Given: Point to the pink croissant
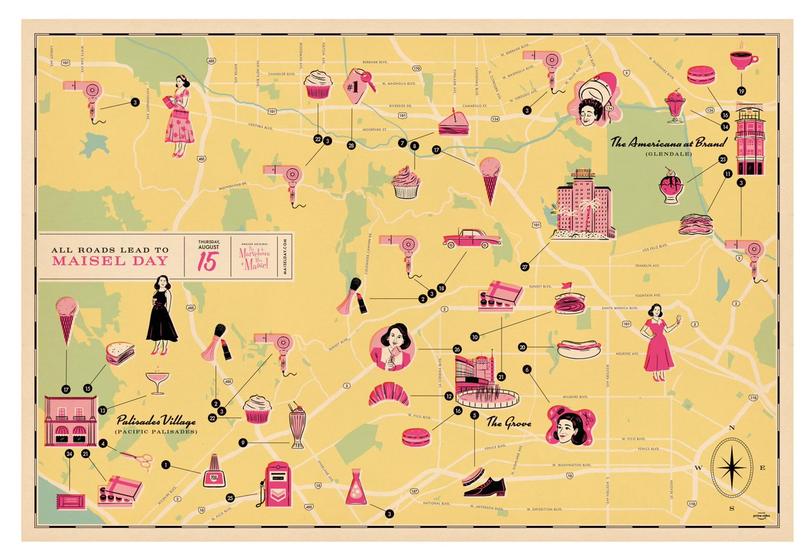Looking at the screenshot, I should (388, 394).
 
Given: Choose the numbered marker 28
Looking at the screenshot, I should (351, 145).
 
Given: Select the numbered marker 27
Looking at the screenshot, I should (525, 267).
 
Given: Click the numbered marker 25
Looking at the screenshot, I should (230, 498).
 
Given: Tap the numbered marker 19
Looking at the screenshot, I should (741, 90).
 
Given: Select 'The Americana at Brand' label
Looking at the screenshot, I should (668, 143).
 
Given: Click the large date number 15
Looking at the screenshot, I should (207, 262).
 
